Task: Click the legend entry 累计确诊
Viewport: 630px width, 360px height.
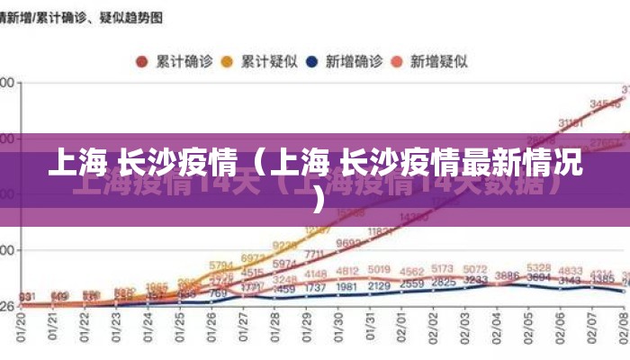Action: click(184, 62)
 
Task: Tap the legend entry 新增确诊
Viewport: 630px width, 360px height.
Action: click(354, 62)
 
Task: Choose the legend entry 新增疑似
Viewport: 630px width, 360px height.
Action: click(438, 62)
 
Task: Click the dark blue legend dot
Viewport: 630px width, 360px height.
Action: click(312, 62)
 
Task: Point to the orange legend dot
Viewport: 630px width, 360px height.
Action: click(228, 62)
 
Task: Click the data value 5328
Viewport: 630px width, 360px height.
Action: click(539, 268)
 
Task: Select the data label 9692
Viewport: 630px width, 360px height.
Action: click(347, 244)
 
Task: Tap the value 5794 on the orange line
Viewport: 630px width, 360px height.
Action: click(221, 265)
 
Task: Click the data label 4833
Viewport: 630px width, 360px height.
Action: click(571, 270)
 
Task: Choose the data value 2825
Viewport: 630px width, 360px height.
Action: click(443, 283)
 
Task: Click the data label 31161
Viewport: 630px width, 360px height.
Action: click(571, 123)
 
